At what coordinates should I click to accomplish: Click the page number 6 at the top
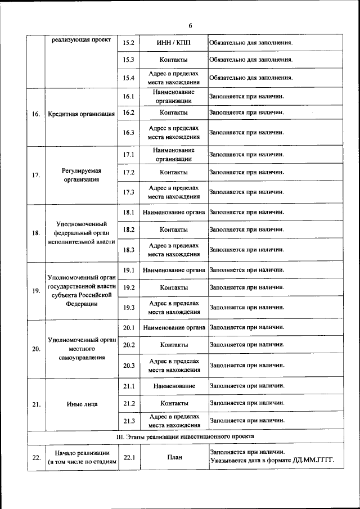[x=190, y=26]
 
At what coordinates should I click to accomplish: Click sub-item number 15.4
[x=129, y=78]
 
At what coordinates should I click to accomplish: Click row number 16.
[x=36, y=114]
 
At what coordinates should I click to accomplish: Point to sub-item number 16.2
[x=129, y=112]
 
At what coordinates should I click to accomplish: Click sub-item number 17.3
[x=129, y=192]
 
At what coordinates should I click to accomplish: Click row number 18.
[x=36, y=233]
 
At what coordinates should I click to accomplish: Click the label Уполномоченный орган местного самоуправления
[x=82, y=349]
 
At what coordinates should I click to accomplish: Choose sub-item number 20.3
[x=129, y=366]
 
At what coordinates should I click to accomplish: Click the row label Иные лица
[x=82, y=404]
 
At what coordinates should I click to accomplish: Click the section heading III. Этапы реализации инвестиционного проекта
[x=185, y=436]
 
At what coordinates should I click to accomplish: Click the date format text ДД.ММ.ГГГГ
[x=313, y=462]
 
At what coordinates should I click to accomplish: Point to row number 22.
[x=36, y=458]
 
